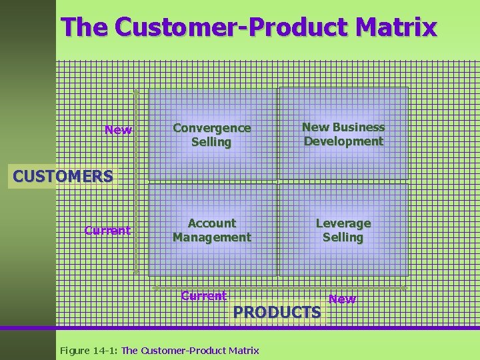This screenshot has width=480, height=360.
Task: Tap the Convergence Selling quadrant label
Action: [x=212, y=135]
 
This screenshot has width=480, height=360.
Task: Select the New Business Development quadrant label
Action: [x=343, y=134]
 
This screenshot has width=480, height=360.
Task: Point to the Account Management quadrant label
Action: [x=212, y=230]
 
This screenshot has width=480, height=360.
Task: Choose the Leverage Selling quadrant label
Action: [x=343, y=230]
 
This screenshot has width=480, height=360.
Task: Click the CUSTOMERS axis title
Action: [x=63, y=177]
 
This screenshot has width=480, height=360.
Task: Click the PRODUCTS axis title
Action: [x=277, y=312]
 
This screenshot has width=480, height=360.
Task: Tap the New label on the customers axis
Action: [x=118, y=130]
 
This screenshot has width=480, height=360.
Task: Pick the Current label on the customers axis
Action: [x=107, y=231]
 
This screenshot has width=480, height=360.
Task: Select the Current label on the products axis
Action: [x=203, y=296]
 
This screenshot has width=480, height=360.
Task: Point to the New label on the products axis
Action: [x=342, y=299]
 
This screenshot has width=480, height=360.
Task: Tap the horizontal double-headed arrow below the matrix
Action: [x=280, y=287]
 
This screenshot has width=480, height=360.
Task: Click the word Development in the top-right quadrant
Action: [x=343, y=141]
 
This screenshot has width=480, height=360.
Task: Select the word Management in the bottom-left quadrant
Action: [x=212, y=237]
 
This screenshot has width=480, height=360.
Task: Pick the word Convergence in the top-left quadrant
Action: [x=212, y=127]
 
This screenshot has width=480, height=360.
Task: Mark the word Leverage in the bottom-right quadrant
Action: [x=343, y=223]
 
